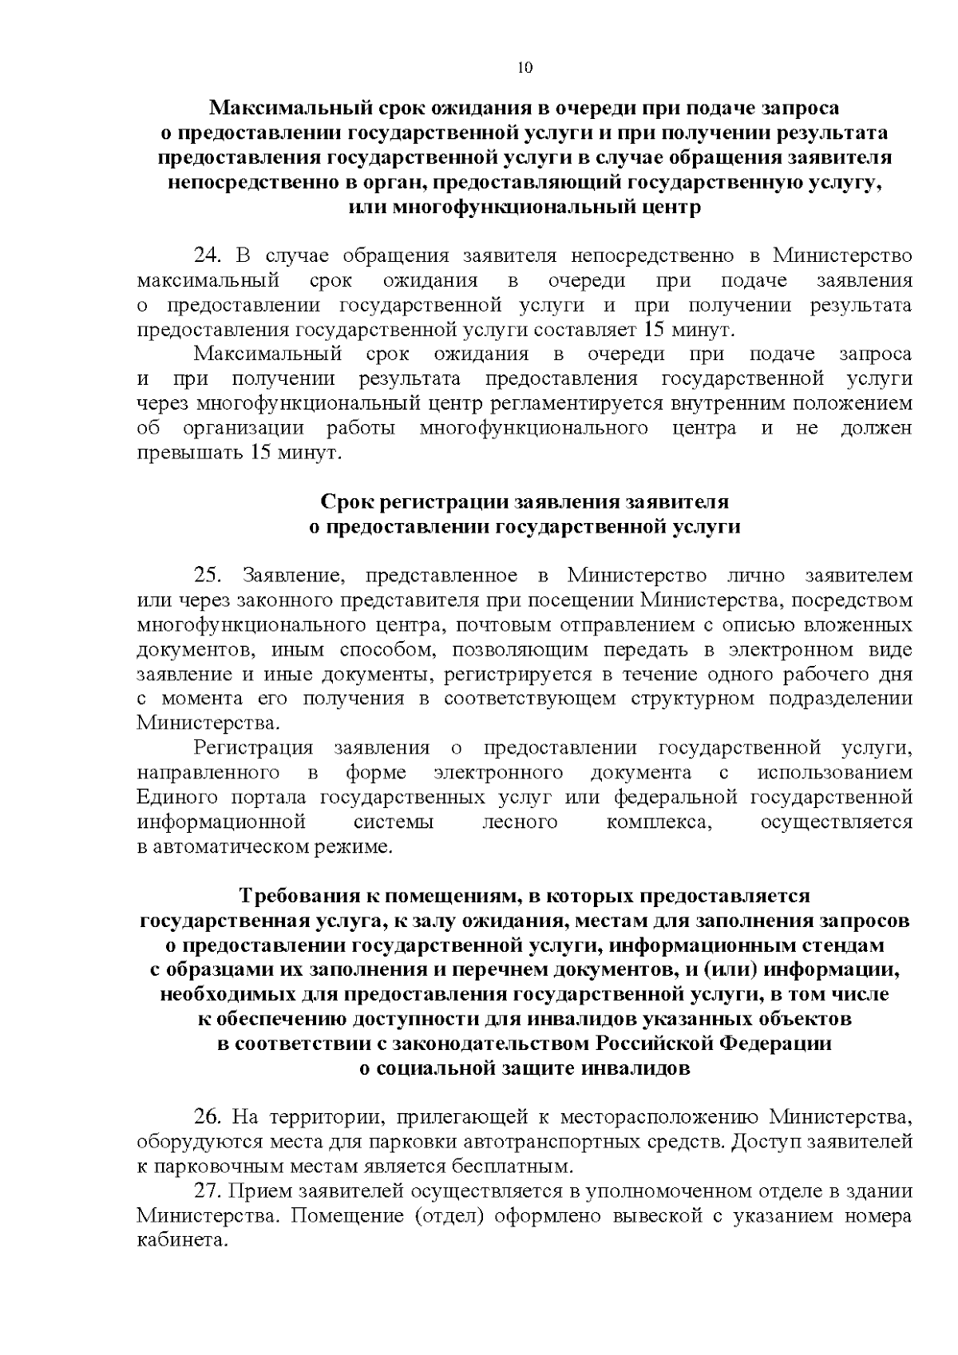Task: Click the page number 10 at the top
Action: tap(525, 68)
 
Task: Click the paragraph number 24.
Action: tap(206, 256)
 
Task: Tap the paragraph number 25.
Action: tap(206, 576)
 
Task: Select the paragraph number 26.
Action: tap(206, 1115)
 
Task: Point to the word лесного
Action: tap(520, 822)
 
